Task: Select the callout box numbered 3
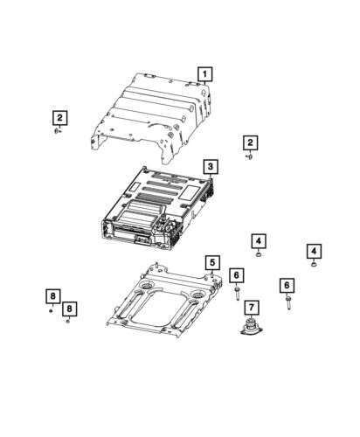coord(211,166)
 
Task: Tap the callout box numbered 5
coord(211,261)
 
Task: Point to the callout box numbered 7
coord(251,307)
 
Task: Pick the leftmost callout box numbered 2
coord(59,117)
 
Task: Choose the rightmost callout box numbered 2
coord(251,142)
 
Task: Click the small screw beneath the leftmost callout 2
coord(58,132)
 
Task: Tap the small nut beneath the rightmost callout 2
coord(250,158)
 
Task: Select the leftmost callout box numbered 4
coord(260,240)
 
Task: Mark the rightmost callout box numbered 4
coord(314,251)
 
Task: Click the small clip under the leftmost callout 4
coord(260,256)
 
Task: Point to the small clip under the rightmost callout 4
coord(314,265)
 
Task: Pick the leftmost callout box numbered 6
coord(236,276)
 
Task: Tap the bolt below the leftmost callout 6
coord(236,294)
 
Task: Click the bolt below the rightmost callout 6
coord(287,302)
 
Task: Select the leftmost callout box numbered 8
coord(52,296)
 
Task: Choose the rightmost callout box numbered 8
coord(69,309)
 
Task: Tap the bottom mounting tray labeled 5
coord(162,302)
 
